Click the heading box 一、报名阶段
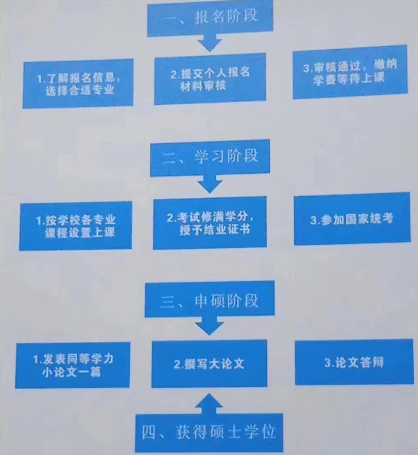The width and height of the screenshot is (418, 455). tap(209, 18)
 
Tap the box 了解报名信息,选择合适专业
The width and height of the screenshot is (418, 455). tap(78, 84)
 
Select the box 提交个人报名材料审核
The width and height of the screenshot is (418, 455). tap(210, 79)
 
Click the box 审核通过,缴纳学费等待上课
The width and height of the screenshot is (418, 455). tap(350, 72)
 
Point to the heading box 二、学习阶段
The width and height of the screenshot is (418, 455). tap(210, 158)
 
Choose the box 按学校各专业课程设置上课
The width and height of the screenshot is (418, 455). tap(76, 226)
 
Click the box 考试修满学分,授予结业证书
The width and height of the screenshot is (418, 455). tap(210, 223)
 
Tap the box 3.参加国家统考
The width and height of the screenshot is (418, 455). tap(352, 219)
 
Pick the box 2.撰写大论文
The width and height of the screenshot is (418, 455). tap(209, 364)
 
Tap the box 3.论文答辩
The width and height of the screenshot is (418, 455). tap(354, 362)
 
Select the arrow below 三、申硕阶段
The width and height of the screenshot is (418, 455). tap(210, 326)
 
